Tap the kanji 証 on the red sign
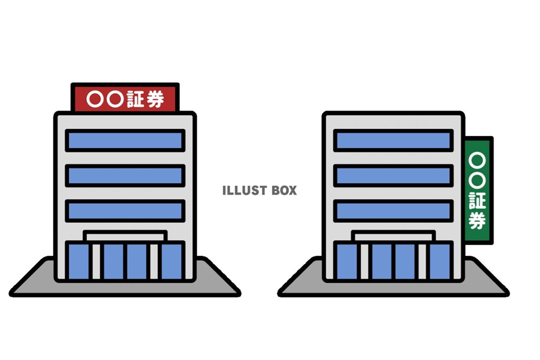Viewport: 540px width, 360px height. [x=135, y=99]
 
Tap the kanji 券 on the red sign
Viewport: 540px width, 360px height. [x=155, y=99]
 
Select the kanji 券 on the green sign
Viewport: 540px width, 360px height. [x=477, y=220]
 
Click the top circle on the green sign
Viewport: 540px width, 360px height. [x=477, y=160]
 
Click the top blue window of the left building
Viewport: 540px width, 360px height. [x=125, y=140]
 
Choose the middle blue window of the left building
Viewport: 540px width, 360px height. [x=125, y=175]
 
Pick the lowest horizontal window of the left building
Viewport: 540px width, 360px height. [x=125, y=211]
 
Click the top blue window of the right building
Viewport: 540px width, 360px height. [x=393, y=140]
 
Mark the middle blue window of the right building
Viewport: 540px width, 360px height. [x=393, y=175]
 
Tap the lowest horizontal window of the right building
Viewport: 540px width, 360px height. [x=393, y=211]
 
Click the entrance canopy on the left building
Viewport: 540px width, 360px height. [x=125, y=236]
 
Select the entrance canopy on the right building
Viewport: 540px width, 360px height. [x=393, y=236]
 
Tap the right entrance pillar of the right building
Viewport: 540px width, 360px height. [x=422, y=261]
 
